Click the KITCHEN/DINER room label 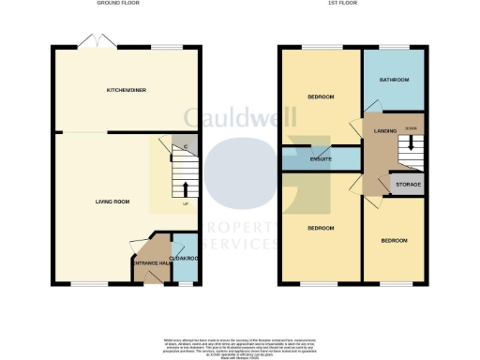point(126,89)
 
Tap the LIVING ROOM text point(112,201)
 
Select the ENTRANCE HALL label point(149,264)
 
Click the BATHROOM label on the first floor point(394,80)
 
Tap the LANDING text point(385,130)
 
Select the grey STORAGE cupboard point(408,184)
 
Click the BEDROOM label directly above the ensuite point(321,97)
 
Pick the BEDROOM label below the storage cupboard point(394,240)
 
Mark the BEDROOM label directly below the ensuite point(321,228)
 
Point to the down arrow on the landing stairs point(410,147)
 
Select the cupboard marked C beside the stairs point(186,145)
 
